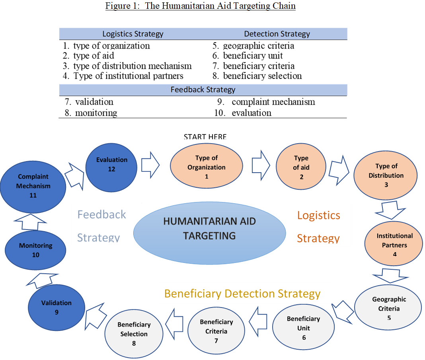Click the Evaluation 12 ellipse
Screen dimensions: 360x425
point(112,165)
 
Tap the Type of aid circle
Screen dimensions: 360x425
point(301,167)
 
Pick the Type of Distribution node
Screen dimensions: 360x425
point(386,175)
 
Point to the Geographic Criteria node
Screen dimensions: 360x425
point(389,308)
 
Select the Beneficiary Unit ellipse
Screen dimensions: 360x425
point(304,328)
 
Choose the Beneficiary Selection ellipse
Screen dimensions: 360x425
point(134,334)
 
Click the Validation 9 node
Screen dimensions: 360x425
point(57,307)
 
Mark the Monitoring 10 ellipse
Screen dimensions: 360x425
point(36,250)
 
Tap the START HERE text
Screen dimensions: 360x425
point(205,137)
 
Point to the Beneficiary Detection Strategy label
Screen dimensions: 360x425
point(242,294)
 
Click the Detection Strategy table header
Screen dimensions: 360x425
point(277,34)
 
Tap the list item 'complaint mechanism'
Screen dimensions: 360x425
point(273,102)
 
